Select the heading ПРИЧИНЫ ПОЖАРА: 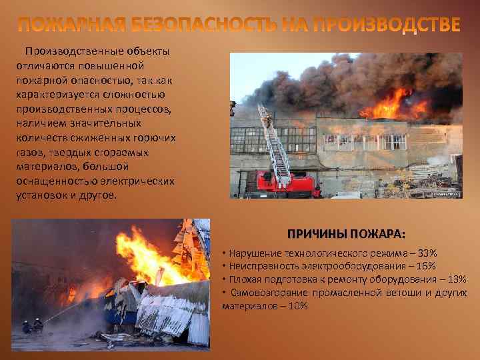pyautogui.click(x=346, y=235)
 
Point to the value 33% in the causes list pyautogui.click(x=427, y=254)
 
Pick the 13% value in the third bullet pyautogui.click(x=457, y=279)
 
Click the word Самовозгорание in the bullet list pyautogui.click(x=263, y=292)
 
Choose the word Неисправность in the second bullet pyautogui.click(x=256, y=266)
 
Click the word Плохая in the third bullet pyautogui.click(x=243, y=279)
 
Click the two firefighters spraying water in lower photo pyautogui.click(x=32, y=326)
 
